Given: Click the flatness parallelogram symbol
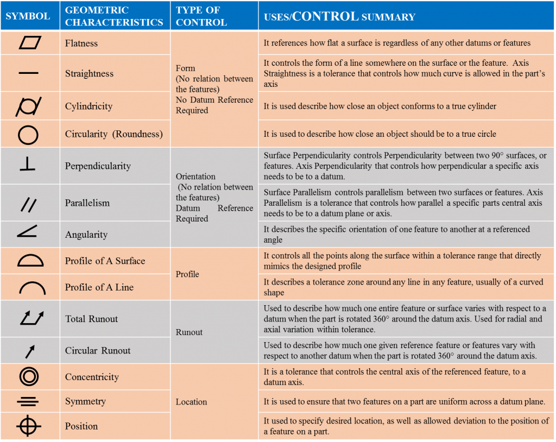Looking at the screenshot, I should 29,43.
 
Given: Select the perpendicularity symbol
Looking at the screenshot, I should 28,165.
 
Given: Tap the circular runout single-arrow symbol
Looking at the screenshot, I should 29,351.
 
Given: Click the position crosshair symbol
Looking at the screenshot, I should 28,426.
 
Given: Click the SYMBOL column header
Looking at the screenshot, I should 28,16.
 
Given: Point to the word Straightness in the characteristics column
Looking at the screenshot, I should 89,74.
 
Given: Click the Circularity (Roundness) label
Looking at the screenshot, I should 113,134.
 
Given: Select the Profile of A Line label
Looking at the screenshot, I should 99,287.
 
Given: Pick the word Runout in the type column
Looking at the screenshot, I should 189,332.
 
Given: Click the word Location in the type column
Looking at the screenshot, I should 191,402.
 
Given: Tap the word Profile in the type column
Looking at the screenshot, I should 187,274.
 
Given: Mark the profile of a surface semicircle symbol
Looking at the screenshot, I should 30,261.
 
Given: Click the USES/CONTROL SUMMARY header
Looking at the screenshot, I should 339,16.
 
